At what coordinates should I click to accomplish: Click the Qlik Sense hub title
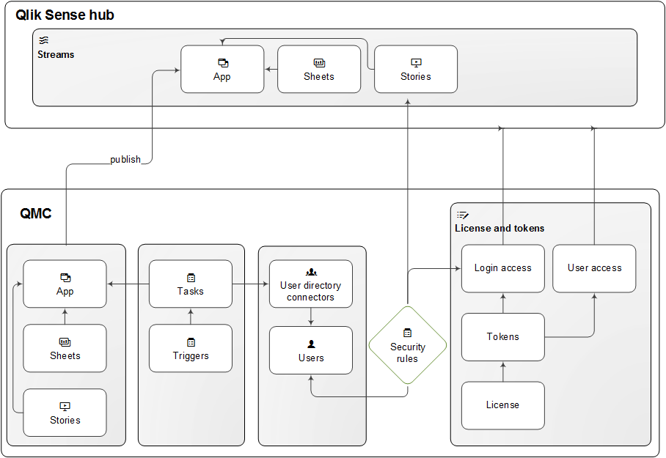point(65,15)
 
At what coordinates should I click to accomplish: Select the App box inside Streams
point(222,70)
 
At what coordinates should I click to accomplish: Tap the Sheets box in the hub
point(319,70)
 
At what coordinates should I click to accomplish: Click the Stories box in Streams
point(416,70)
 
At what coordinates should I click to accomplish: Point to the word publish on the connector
point(125,159)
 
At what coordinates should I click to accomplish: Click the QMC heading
point(36,213)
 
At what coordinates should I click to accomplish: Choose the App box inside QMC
point(65,284)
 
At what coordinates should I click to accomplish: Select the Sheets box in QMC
point(65,349)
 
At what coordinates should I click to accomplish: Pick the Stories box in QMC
point(65,413)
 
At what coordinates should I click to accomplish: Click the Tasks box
point(191,284)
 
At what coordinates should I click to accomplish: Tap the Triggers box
point(191,349)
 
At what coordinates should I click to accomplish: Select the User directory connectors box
point(311,284)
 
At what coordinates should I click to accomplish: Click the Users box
point(311,351)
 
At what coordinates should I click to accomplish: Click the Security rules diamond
point(407,346)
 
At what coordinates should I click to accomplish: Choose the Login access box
point(503,268)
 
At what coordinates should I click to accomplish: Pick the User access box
point(594,268)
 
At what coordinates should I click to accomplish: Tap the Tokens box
point(503,337)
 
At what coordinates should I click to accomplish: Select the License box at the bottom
point(503,405)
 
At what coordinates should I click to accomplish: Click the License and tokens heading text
point(499,228)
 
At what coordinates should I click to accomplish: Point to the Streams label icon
point(43,41)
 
